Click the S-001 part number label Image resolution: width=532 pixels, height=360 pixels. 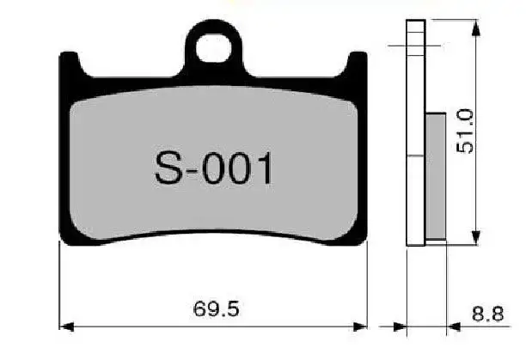[x=214, y=168]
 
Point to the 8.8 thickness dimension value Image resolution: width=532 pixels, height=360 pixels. [x=487, y=314]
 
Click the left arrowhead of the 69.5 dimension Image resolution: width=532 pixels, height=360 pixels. [x=65, y=326]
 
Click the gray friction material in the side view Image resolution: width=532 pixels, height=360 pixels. [x=436, y=175]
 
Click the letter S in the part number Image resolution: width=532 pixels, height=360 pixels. [x=169, y=168]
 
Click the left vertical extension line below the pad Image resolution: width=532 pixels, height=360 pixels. [x=59, y=284]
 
